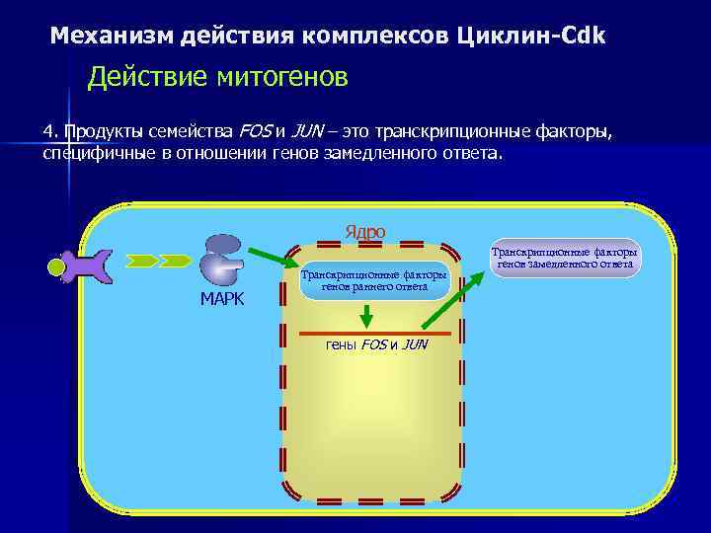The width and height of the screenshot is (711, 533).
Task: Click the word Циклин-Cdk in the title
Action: (532, 37)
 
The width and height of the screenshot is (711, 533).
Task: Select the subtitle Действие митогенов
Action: (217, 78)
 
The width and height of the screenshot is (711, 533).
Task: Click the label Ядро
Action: (364, 232)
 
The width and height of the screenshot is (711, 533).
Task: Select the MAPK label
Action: (222, 299)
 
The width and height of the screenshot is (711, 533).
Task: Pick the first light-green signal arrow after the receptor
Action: (143, 261)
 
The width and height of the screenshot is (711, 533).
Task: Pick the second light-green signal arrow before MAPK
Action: (175, 261)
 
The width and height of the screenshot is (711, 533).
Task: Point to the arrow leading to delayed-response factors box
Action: (453, 299)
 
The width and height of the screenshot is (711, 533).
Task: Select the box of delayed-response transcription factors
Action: (567, 259)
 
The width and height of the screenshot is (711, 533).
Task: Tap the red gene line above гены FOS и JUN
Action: (366, 335)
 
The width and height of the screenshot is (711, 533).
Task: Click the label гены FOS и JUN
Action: (376, 345)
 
